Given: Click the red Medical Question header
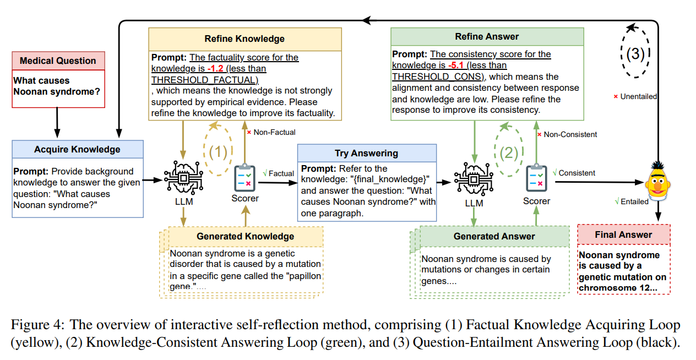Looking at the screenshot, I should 58,61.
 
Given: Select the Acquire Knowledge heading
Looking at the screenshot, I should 77,149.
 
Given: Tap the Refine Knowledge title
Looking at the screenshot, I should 244,39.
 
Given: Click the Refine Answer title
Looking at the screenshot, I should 487,36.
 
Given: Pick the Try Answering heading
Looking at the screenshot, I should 366,153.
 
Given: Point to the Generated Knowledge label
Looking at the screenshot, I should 245,236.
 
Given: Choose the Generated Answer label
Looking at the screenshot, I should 494,236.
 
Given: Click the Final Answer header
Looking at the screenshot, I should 623,234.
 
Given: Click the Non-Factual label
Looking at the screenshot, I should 274,132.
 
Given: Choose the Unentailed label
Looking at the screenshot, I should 638,96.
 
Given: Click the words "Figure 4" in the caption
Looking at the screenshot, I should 36,325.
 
